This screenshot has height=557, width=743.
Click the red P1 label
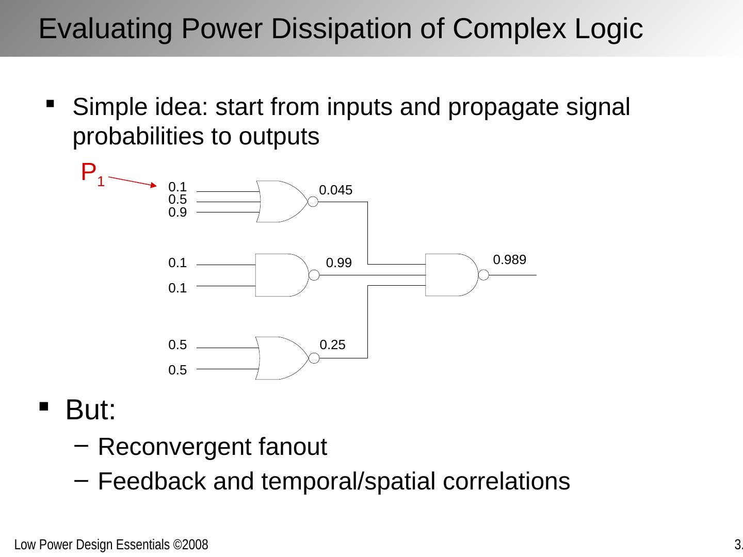(x=93, y=174)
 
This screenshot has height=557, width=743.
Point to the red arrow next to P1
(x=133, y=181)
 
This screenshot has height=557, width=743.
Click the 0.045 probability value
(x=335, y=190)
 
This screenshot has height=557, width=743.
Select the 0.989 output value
(x=509, y=260)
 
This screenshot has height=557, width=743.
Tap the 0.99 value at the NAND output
(x=339, y=263)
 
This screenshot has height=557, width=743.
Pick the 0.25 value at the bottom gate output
(x=332, y=345)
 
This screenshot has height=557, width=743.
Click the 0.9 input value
(x=177, y=212)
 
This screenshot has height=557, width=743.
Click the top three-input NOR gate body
(x=282, y=202)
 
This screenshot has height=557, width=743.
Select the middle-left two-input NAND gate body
(x=282, y=275)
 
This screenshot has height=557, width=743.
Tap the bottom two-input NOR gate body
(x=282, y=358)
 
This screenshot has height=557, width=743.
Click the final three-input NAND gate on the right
(x=452, y=275)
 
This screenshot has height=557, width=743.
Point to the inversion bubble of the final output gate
(x=483, y=275)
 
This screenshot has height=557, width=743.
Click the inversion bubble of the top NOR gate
(x=313, y=202)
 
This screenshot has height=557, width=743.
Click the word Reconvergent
(x=174, y=447)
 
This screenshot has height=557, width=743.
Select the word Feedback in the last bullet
(x=152, y=481)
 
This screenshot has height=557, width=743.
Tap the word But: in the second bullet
(x=90, y=410)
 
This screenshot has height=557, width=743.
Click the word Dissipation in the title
(x=342, y=29)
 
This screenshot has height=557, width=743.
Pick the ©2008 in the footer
(x=190, y=545)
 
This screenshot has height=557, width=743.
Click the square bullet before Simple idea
(x=50, y=104)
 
